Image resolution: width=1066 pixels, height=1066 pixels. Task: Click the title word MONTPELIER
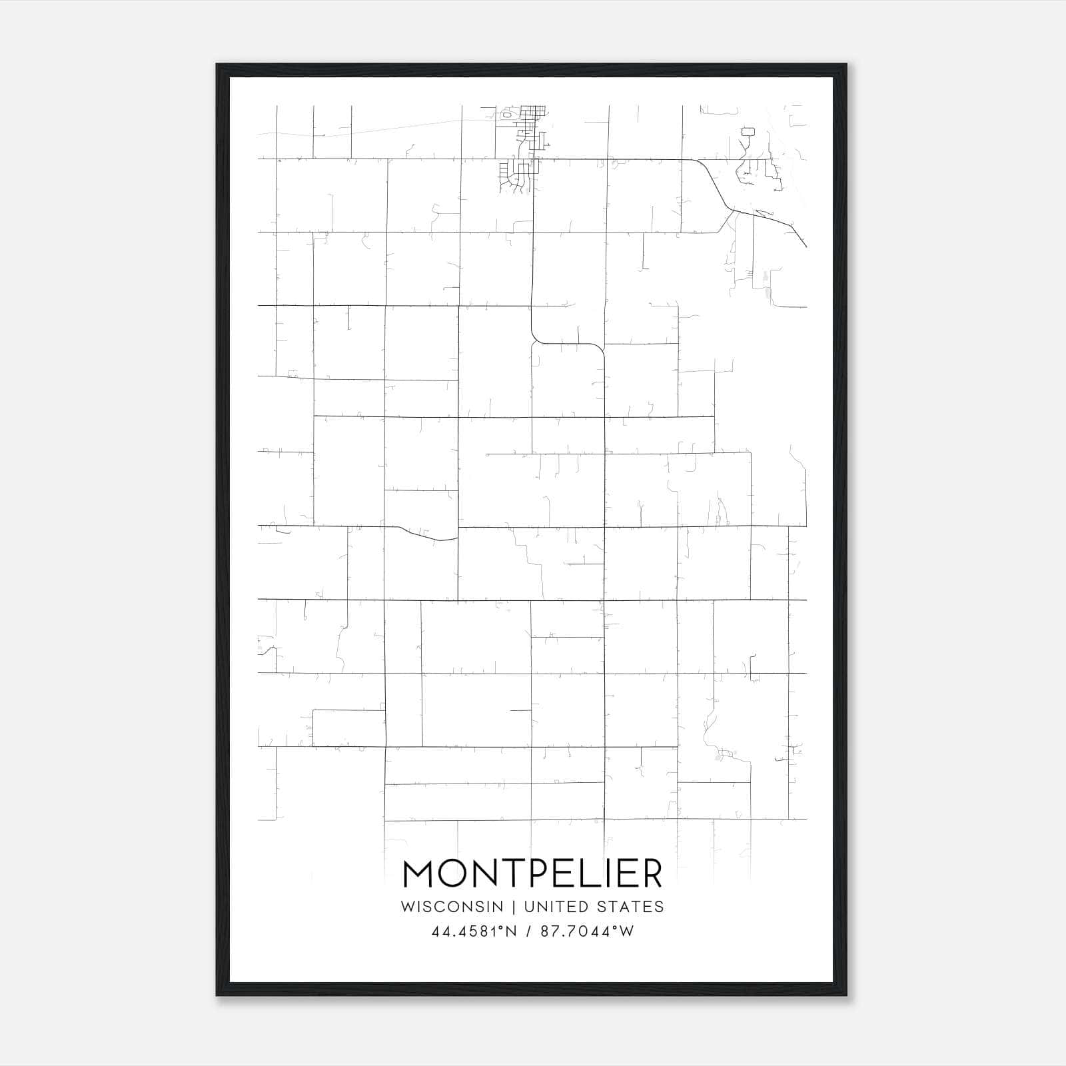click(x=532, y=873)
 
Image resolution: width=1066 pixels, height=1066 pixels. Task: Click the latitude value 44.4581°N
click(x=474, y=931)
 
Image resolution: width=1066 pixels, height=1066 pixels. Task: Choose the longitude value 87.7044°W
click(x=586, y=931)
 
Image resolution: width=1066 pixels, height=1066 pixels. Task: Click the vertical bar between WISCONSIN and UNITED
click(x=514, y=907)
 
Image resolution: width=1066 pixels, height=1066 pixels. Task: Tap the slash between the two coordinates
click(x=528, y=931)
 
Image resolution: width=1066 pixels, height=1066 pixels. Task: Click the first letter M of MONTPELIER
click(x=418, y=873)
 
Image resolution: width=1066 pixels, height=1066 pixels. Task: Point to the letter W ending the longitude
click(x=627, y=931)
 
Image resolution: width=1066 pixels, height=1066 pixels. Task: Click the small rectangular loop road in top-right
click(x=747, y=131)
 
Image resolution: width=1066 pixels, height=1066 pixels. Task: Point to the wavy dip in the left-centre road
click(x=426, y=536)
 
